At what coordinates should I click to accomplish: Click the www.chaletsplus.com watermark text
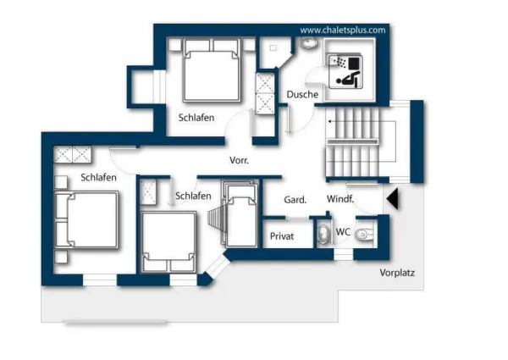tap(343, 30)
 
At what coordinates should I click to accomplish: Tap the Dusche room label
tap(302, 95)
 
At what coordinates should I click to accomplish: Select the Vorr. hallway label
tap(239, 160)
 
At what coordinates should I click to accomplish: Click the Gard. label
tap(295, 200)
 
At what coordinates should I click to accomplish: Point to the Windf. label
tap(340, 199)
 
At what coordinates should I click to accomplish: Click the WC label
tap(343, 232)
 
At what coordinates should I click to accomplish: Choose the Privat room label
tap(282, 236)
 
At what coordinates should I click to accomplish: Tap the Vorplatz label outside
tap(397, 273)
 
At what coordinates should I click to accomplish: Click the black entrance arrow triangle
tap(393, 199)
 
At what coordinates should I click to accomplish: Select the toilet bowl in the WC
tap(363, 234)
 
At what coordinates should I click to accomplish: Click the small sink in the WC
tap(324, 233)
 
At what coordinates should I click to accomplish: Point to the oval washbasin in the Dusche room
tap(308, 42)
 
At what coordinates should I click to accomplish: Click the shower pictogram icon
tap(345, 71)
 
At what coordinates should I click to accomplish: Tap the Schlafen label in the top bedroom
tap(196, 118)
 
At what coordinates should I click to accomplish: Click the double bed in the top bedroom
tap(213, 70)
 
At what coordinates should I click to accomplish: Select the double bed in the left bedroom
tap(86, 220)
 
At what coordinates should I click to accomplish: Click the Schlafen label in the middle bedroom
tap(193, 196)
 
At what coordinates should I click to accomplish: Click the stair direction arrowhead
tap(329, 121)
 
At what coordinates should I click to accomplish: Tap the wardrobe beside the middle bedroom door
tap(148, 192)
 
